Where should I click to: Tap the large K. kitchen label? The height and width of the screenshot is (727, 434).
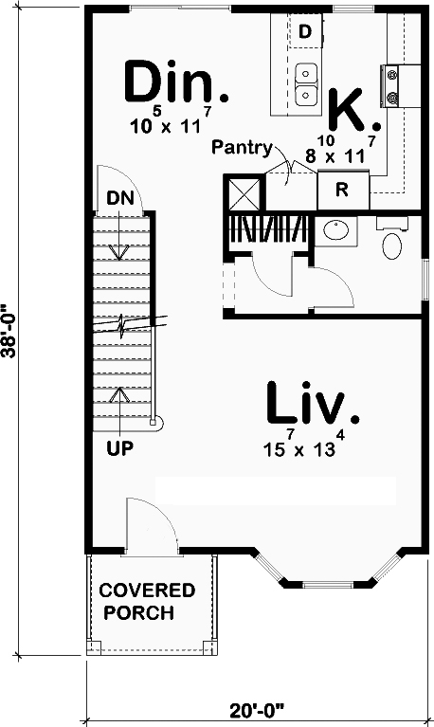354,110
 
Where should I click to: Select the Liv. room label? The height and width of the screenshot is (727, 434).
313,403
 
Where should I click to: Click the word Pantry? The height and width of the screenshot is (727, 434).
242,148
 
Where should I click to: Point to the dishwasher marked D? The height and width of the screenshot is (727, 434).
305,31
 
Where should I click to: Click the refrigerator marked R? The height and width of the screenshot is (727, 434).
343,190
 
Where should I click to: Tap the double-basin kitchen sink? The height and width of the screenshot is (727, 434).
306,84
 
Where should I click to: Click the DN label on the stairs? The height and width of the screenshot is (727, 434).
120,198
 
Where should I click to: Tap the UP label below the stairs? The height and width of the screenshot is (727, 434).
120,448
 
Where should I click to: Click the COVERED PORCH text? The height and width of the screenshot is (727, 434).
148,602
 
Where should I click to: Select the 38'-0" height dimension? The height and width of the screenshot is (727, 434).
9,331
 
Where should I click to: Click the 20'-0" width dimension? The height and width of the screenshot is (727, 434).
257,710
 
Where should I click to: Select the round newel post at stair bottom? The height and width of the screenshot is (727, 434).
156,422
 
